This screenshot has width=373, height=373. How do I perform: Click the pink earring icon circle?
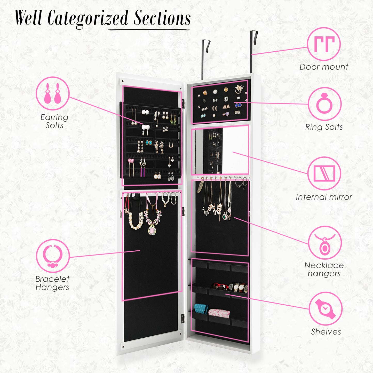point(53,93)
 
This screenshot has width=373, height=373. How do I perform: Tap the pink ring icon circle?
point(325,104)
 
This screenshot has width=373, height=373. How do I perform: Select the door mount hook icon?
point(324,44)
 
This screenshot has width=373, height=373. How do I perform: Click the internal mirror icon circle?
point(324,173)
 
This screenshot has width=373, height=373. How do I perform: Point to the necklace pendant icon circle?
point(325,243)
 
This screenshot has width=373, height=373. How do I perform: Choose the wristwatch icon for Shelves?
point(326,309)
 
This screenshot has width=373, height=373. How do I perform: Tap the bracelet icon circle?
point(53,256)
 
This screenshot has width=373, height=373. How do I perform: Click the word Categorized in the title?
point(88,19)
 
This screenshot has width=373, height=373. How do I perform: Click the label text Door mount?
point(324,67)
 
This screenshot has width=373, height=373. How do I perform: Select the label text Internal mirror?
point(324,197)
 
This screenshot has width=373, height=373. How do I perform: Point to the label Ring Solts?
point(324,127)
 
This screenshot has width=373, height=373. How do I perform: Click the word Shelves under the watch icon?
point(326,332)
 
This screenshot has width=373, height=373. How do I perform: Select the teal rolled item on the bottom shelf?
point(201,309)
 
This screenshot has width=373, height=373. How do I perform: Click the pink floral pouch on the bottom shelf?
point(219,313)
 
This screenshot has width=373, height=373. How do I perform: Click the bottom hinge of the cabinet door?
point(183,318)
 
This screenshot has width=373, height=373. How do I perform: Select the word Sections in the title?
point(162,19)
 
